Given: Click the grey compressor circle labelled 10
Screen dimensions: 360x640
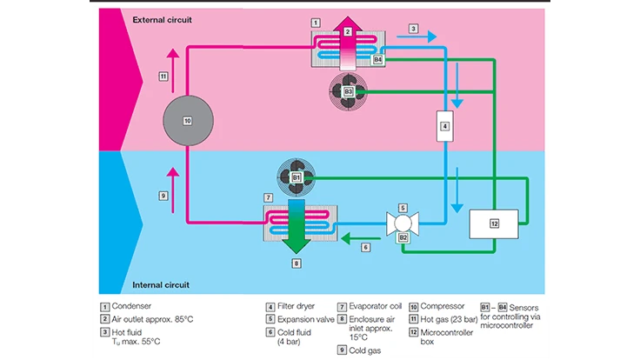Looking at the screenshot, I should pos(188,121).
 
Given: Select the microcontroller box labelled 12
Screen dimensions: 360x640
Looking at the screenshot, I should pos(494,223).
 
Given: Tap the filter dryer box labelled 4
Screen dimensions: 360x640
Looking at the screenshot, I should pos(443,126).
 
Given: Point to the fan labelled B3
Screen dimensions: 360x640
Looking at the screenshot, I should pos(348,90).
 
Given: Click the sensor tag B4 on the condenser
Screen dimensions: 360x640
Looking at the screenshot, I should pos(377,61).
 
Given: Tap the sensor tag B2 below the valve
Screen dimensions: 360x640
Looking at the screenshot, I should pos(403,237).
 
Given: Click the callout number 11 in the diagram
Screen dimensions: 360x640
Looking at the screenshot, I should pos(163,77).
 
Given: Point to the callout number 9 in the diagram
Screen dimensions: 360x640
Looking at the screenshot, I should pos(163,171).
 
